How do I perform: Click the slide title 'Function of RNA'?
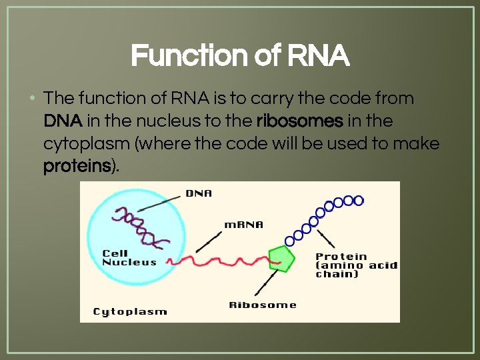click(240, 56)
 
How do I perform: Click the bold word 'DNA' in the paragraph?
click(63, 121)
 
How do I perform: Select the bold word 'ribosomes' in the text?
click(299, 121)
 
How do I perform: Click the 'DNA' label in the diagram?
click(199, 193)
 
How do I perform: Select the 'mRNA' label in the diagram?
click(243, 225)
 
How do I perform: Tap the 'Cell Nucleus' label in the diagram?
click(129, 258)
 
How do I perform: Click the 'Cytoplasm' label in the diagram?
click(130, 311)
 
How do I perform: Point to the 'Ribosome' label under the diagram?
click(263, 305)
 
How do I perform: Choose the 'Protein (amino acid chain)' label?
click(356, 265)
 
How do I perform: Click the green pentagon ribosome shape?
click(281, 257)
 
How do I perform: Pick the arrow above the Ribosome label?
click(263, 283)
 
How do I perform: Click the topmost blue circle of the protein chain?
click(359, 200)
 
